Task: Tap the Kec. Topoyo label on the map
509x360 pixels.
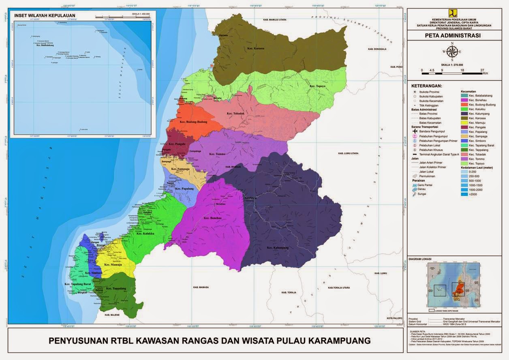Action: [318, 86]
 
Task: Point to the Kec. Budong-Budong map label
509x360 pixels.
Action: [194, 122]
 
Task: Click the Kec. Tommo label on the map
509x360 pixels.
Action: [218, 154]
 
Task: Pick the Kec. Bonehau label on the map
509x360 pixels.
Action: [212, 218]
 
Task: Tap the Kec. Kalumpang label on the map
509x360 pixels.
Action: [278, 247]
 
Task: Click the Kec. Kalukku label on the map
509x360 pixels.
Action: [145, 234]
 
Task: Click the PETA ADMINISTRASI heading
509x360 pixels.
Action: [452, 35]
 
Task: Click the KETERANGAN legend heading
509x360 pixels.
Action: [427, 86]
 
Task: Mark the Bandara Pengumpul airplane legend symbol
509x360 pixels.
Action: [414, 131]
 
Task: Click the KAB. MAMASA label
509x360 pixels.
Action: [201, 287]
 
